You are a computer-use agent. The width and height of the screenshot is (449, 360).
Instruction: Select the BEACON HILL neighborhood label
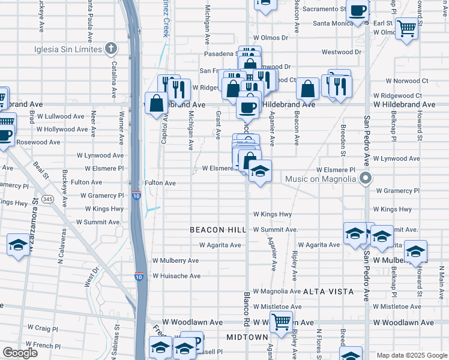coord(218,230)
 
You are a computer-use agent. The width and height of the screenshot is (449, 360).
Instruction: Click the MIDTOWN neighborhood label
coord(247,337)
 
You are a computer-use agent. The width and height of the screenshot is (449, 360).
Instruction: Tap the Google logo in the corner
coord(20,353)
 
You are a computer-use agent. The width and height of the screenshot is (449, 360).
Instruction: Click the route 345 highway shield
coord(48,199)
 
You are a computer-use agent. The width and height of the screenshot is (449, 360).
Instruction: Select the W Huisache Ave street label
coord(176,276)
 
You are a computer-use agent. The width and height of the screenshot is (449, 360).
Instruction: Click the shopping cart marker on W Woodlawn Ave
coord(281,322)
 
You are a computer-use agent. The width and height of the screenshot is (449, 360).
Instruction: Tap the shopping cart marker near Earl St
coord(406,27)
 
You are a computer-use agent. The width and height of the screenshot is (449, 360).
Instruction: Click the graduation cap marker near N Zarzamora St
coord(19,245)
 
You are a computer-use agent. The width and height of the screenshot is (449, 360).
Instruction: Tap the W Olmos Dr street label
coord(270,37)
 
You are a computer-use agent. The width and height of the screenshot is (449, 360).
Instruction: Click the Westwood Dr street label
coord(341,52)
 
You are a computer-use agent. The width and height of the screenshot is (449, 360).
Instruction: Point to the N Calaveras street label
coord(61,253)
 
